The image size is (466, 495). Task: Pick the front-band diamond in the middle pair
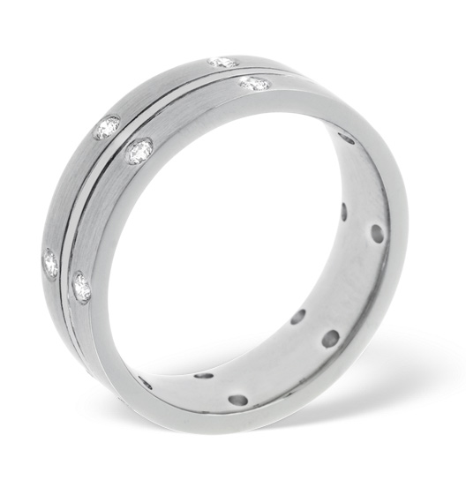139,152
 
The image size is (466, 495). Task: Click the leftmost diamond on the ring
50,262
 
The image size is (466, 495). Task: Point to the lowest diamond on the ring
82,287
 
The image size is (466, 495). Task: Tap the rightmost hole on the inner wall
377,234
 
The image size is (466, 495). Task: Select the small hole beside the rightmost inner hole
345,212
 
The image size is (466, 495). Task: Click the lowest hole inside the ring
237,400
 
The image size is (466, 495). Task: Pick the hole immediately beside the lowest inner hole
204,375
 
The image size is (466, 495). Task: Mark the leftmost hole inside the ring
145,382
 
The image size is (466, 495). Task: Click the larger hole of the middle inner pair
329,338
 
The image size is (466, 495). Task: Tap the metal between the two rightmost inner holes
361,223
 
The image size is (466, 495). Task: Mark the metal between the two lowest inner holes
221,387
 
